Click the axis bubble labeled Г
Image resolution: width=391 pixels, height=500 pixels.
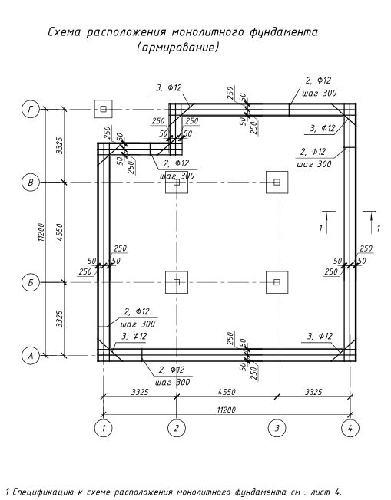click(31, 109)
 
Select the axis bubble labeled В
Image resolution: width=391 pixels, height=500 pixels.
click(31, 183)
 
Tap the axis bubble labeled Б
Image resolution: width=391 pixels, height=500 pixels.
click(31, 282)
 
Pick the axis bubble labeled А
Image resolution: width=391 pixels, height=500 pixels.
click(31, 355)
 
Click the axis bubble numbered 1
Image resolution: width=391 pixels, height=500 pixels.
click(104, 428)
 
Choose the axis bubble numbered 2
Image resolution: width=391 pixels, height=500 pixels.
click(177, 428)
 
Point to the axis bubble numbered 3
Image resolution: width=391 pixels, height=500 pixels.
click(277, 428)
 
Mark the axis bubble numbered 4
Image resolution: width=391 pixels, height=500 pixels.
click(350, 428)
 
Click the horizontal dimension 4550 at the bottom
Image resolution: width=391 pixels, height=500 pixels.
click(227, 392)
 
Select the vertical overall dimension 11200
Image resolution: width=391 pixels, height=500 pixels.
click(41, 232)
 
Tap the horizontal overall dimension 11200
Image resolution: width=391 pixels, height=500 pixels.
click(226, 410)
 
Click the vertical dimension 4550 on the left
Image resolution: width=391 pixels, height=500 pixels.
click(59, 232)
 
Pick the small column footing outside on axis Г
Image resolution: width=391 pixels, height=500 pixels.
click(103, 109)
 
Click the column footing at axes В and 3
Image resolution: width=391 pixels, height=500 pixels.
click(277, 182)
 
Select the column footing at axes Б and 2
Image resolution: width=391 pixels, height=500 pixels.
click(177, 282)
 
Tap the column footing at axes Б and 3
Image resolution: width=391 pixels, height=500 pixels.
click(277, 282)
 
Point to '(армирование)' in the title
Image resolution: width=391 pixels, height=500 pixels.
click(178, 48)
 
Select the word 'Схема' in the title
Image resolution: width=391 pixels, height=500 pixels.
click(65, 32)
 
